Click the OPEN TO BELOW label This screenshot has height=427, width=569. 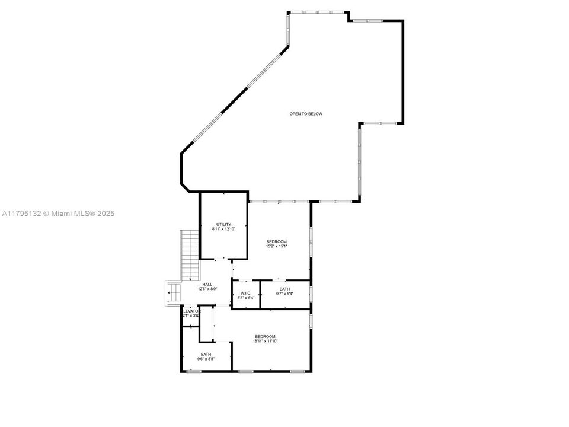point(306,114)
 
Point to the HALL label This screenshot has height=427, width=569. point(207,284)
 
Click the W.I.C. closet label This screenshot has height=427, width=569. point(246,293)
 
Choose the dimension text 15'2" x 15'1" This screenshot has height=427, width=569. point(276,246)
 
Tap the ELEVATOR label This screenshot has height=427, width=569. point(190,311)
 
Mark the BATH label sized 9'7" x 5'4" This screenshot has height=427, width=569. point(285,289)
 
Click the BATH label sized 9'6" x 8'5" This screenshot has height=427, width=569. point(206,354)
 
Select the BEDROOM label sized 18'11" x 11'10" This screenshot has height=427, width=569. point(265,336)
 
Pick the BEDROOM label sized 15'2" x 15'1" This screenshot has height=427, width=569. point(276,241)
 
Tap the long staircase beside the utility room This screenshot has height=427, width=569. point(189,255)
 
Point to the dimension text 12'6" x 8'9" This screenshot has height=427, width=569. point(207,289)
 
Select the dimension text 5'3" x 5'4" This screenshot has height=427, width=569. point(246,298)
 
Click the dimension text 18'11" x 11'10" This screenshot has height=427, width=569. point(265,341)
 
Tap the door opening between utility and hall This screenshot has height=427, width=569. point(219,259)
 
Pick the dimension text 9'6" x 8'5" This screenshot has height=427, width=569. point(206,359)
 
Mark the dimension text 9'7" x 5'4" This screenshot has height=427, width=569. point(285,294)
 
